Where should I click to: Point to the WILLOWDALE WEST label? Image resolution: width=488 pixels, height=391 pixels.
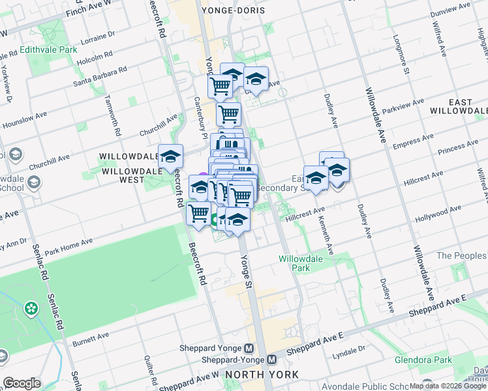tap(128, 164)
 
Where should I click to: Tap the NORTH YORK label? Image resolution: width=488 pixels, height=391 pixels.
tap(261, 375)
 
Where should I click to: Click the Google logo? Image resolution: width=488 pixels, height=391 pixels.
tap(22, 383)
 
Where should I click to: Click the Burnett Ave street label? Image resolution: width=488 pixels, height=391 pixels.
tap(90, 341)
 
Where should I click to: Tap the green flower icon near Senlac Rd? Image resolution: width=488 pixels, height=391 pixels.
tap(30, 307)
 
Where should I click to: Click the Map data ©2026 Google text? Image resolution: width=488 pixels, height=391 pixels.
tap(448, 386)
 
